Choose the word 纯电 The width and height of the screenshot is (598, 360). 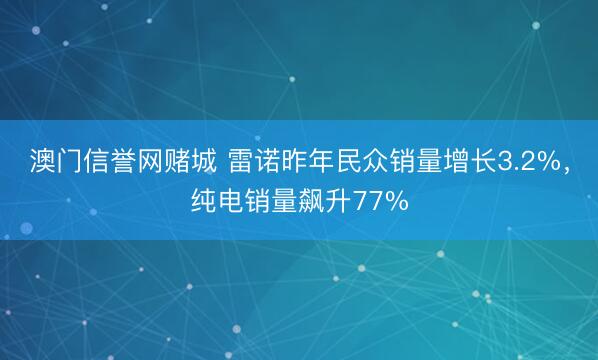point(216,202)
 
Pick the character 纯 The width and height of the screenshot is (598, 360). point(203,202)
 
